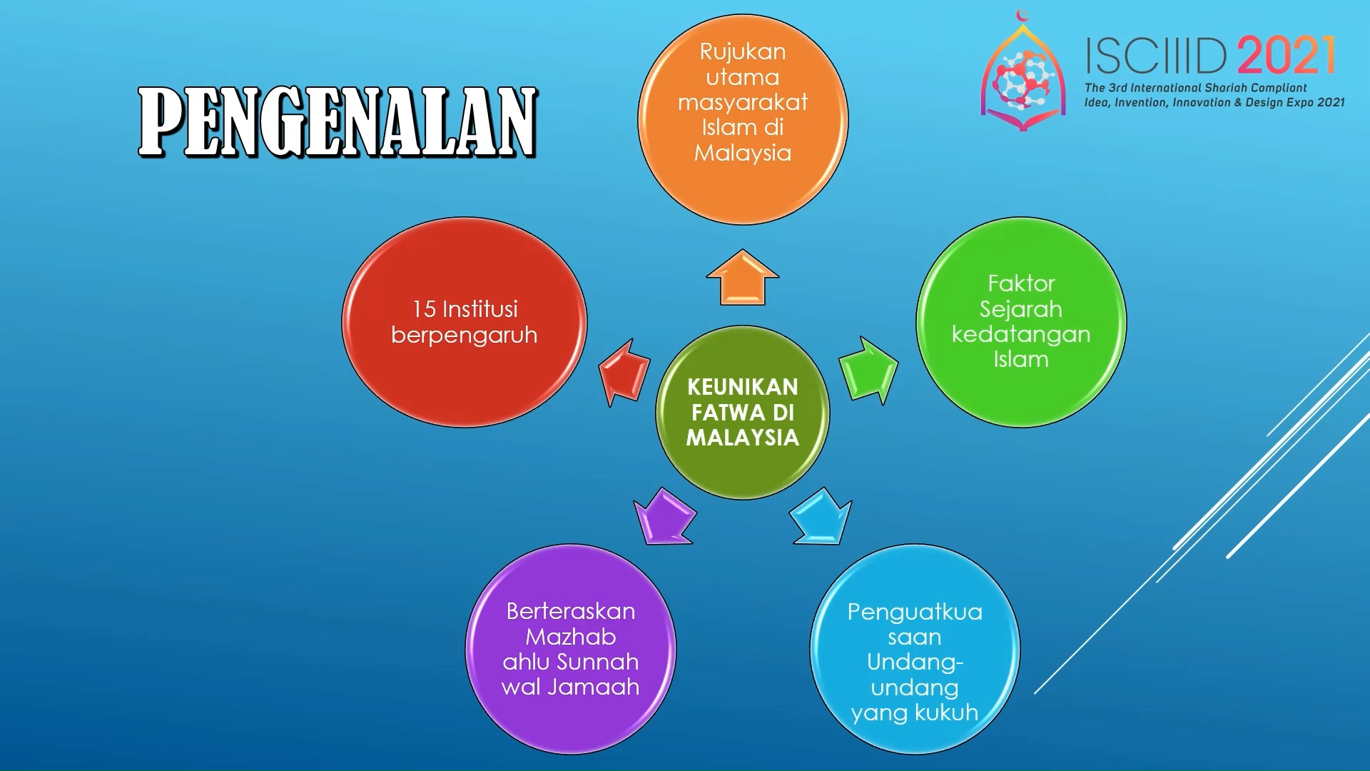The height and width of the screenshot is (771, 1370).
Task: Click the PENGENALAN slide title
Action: [338, 122]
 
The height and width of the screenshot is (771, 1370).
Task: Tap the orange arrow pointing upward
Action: [742, 278]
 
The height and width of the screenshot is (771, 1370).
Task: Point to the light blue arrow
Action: [821, 517]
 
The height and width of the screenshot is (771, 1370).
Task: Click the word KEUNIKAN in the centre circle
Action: [743, 387]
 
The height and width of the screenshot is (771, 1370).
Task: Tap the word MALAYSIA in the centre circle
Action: [743, 438]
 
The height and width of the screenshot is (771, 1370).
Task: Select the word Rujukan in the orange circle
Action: [743, 52]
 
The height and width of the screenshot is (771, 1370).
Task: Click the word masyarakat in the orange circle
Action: [743, 102]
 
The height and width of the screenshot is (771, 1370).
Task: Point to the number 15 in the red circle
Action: [424, 309]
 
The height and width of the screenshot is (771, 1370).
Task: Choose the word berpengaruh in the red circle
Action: [465, 336]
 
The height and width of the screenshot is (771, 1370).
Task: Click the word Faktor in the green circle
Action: [1021, 283]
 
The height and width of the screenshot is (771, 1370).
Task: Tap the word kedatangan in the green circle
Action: [1021, 335]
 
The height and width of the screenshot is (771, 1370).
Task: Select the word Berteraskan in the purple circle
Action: [571, 611]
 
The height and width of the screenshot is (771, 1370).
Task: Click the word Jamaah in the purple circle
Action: [594, 687]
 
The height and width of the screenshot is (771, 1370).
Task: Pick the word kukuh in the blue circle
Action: [945, 712]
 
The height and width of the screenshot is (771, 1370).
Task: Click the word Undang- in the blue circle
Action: [915, 662]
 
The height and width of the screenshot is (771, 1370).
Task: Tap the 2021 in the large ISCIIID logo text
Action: [1287, 56]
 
